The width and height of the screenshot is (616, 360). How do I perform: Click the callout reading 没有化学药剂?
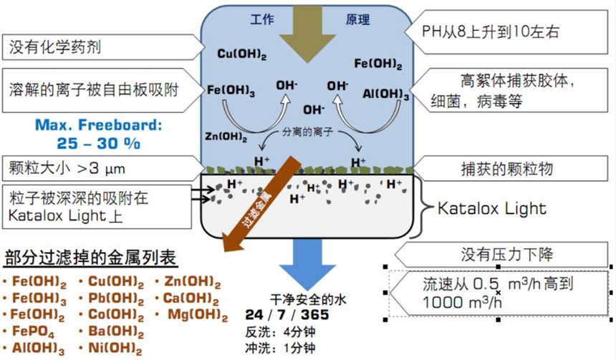54,48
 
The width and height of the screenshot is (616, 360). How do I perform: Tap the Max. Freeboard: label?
99,125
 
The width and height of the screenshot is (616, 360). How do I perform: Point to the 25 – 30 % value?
99,142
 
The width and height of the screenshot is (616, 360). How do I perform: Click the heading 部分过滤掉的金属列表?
91,257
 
